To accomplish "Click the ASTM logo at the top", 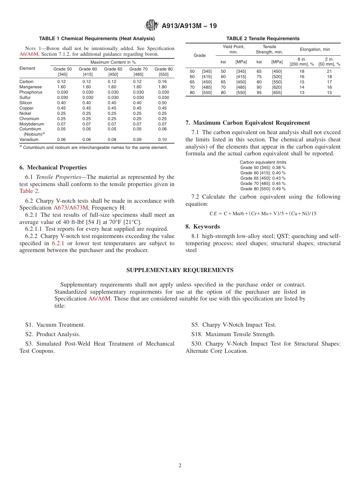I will pyautogui.click(x=152, y=25).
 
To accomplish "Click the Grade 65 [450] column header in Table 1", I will pyautogui.click(x=113, y=72).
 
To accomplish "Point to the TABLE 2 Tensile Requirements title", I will pyautogui.click(x=263, y=39).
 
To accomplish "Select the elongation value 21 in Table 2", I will pyautogui.click(x=329, y=71).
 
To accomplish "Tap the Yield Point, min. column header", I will pyautogui.click(x=233, y=49).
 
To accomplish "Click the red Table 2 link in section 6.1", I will pyautogui.click(x=29, y=191).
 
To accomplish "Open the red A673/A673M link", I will pyautogui.click(x=71, y=208).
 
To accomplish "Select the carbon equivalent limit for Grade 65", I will pyautogui.click(x=263, y=178).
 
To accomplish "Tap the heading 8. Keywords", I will pyautogui.click(x=203, y=227).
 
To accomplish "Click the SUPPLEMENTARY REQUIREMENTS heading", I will pyautogui.click(x=180, y=270).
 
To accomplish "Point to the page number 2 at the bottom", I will pyautogui.click(x=180, y=466).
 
